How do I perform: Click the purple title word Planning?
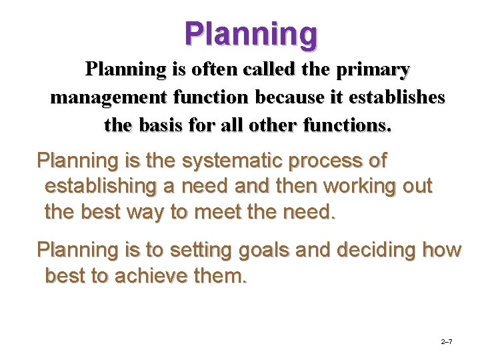tap(251, 33)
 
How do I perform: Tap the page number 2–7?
tap(447, 342)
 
